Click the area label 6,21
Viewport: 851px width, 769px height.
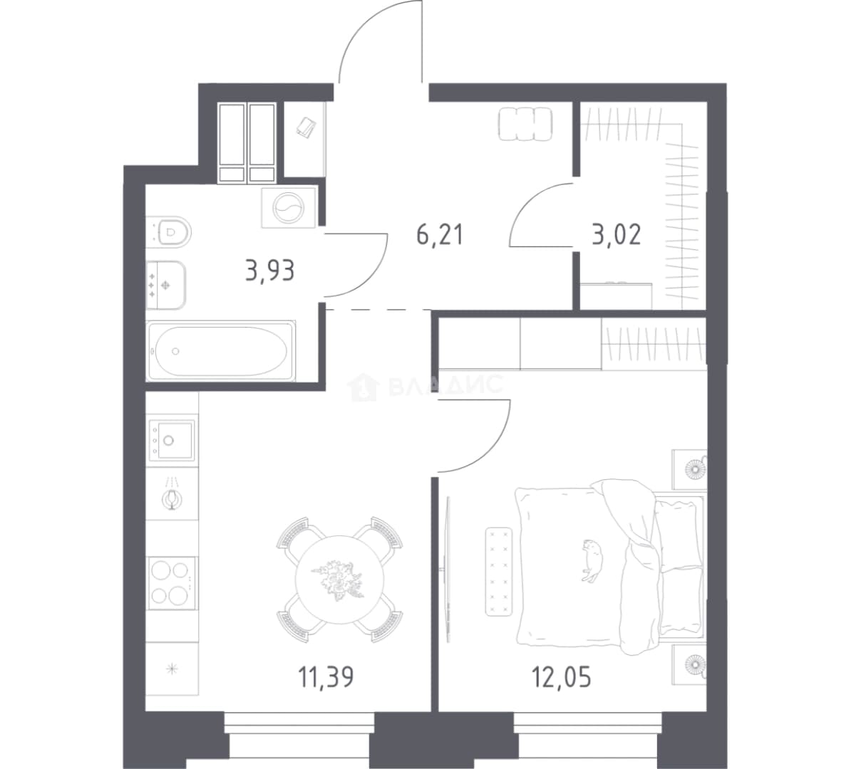[x=440, y=235]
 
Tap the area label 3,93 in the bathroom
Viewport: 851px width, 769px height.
[x=269, y=270]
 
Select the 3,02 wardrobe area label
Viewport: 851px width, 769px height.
[x=617, y=235]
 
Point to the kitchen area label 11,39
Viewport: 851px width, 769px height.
[x=326, y=677]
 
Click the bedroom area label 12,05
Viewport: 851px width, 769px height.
[x=561, y=677]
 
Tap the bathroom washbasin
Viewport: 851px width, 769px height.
[x=166, y=285]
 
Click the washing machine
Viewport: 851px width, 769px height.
[x=289, y=208]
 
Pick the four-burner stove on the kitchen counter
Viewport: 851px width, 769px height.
[x=172, y=583]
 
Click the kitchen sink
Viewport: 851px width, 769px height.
[x=172, y=440]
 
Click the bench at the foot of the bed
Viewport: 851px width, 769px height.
[x=500, y=572]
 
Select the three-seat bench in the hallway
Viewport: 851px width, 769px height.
[x=525, y=124]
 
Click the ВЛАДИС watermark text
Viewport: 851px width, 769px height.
[x=447, y=386]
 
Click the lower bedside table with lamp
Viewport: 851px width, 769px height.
[x=690, y=664]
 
